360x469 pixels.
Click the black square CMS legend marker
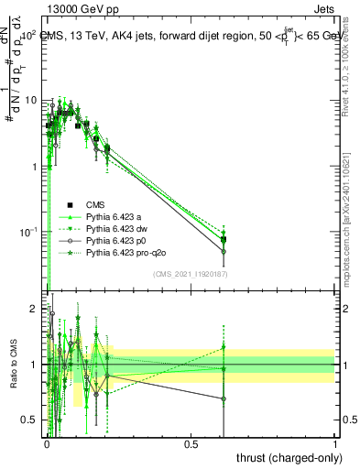point(69,204)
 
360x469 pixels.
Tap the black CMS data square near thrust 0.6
point(224,240)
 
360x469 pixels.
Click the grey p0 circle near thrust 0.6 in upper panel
point(224,251)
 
